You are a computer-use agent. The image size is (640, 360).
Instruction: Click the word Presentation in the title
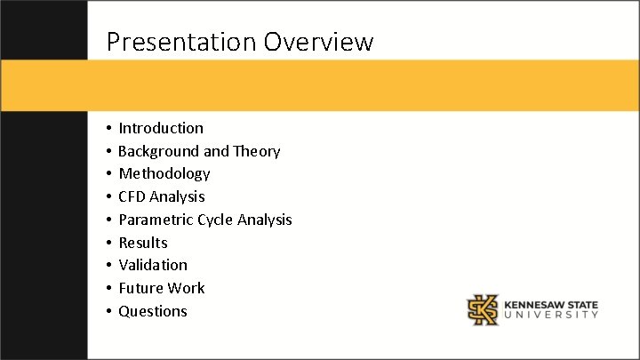180,42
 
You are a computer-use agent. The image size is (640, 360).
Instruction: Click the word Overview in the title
318,42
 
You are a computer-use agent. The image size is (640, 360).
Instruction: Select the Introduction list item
161,128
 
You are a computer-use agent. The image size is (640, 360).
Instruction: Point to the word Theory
257,151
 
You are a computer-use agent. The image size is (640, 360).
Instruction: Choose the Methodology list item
164,173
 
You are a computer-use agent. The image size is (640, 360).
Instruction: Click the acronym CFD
132,196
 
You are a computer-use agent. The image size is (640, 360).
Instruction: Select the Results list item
143,243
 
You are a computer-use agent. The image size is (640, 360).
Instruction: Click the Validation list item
153,265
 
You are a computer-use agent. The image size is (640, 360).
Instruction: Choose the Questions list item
153,311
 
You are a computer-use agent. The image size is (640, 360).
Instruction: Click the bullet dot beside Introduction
106,129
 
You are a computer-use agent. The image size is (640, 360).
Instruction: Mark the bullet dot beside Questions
106,312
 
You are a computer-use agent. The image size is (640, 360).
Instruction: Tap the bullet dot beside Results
106,244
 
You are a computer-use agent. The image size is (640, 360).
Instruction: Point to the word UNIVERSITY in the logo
551,316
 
